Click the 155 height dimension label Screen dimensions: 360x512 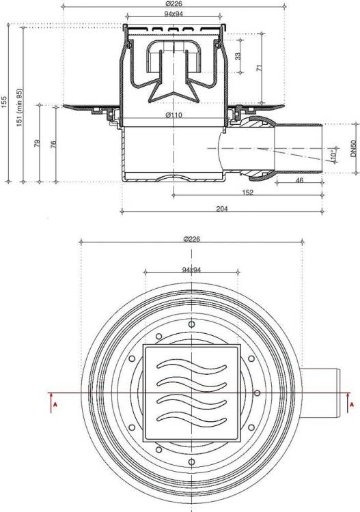click(3, 102)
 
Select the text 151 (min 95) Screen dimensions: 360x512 click(19, 107)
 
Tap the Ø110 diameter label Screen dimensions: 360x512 click(174, 115)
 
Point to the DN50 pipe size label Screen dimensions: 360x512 click(353, 149)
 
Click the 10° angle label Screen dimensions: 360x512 click(333, 154)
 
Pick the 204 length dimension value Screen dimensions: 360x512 click(222, 209)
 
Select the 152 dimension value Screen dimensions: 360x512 click(247, 193)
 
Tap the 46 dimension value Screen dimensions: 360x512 click(299, 180)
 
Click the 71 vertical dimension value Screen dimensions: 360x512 click(260, 68)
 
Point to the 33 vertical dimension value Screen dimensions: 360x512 click(238, 56)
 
